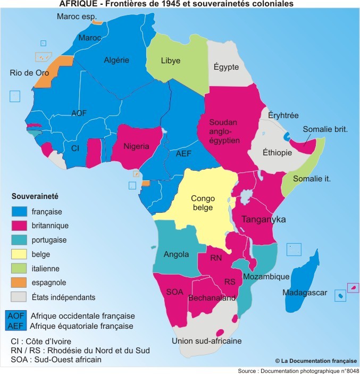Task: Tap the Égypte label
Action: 226,67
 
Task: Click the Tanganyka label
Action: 264,219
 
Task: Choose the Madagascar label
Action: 305,293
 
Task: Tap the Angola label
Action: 176,254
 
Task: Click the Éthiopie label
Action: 277,153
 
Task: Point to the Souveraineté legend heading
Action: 36,196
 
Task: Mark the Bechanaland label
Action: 212,298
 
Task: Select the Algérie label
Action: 116,60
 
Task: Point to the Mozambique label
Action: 266,277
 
